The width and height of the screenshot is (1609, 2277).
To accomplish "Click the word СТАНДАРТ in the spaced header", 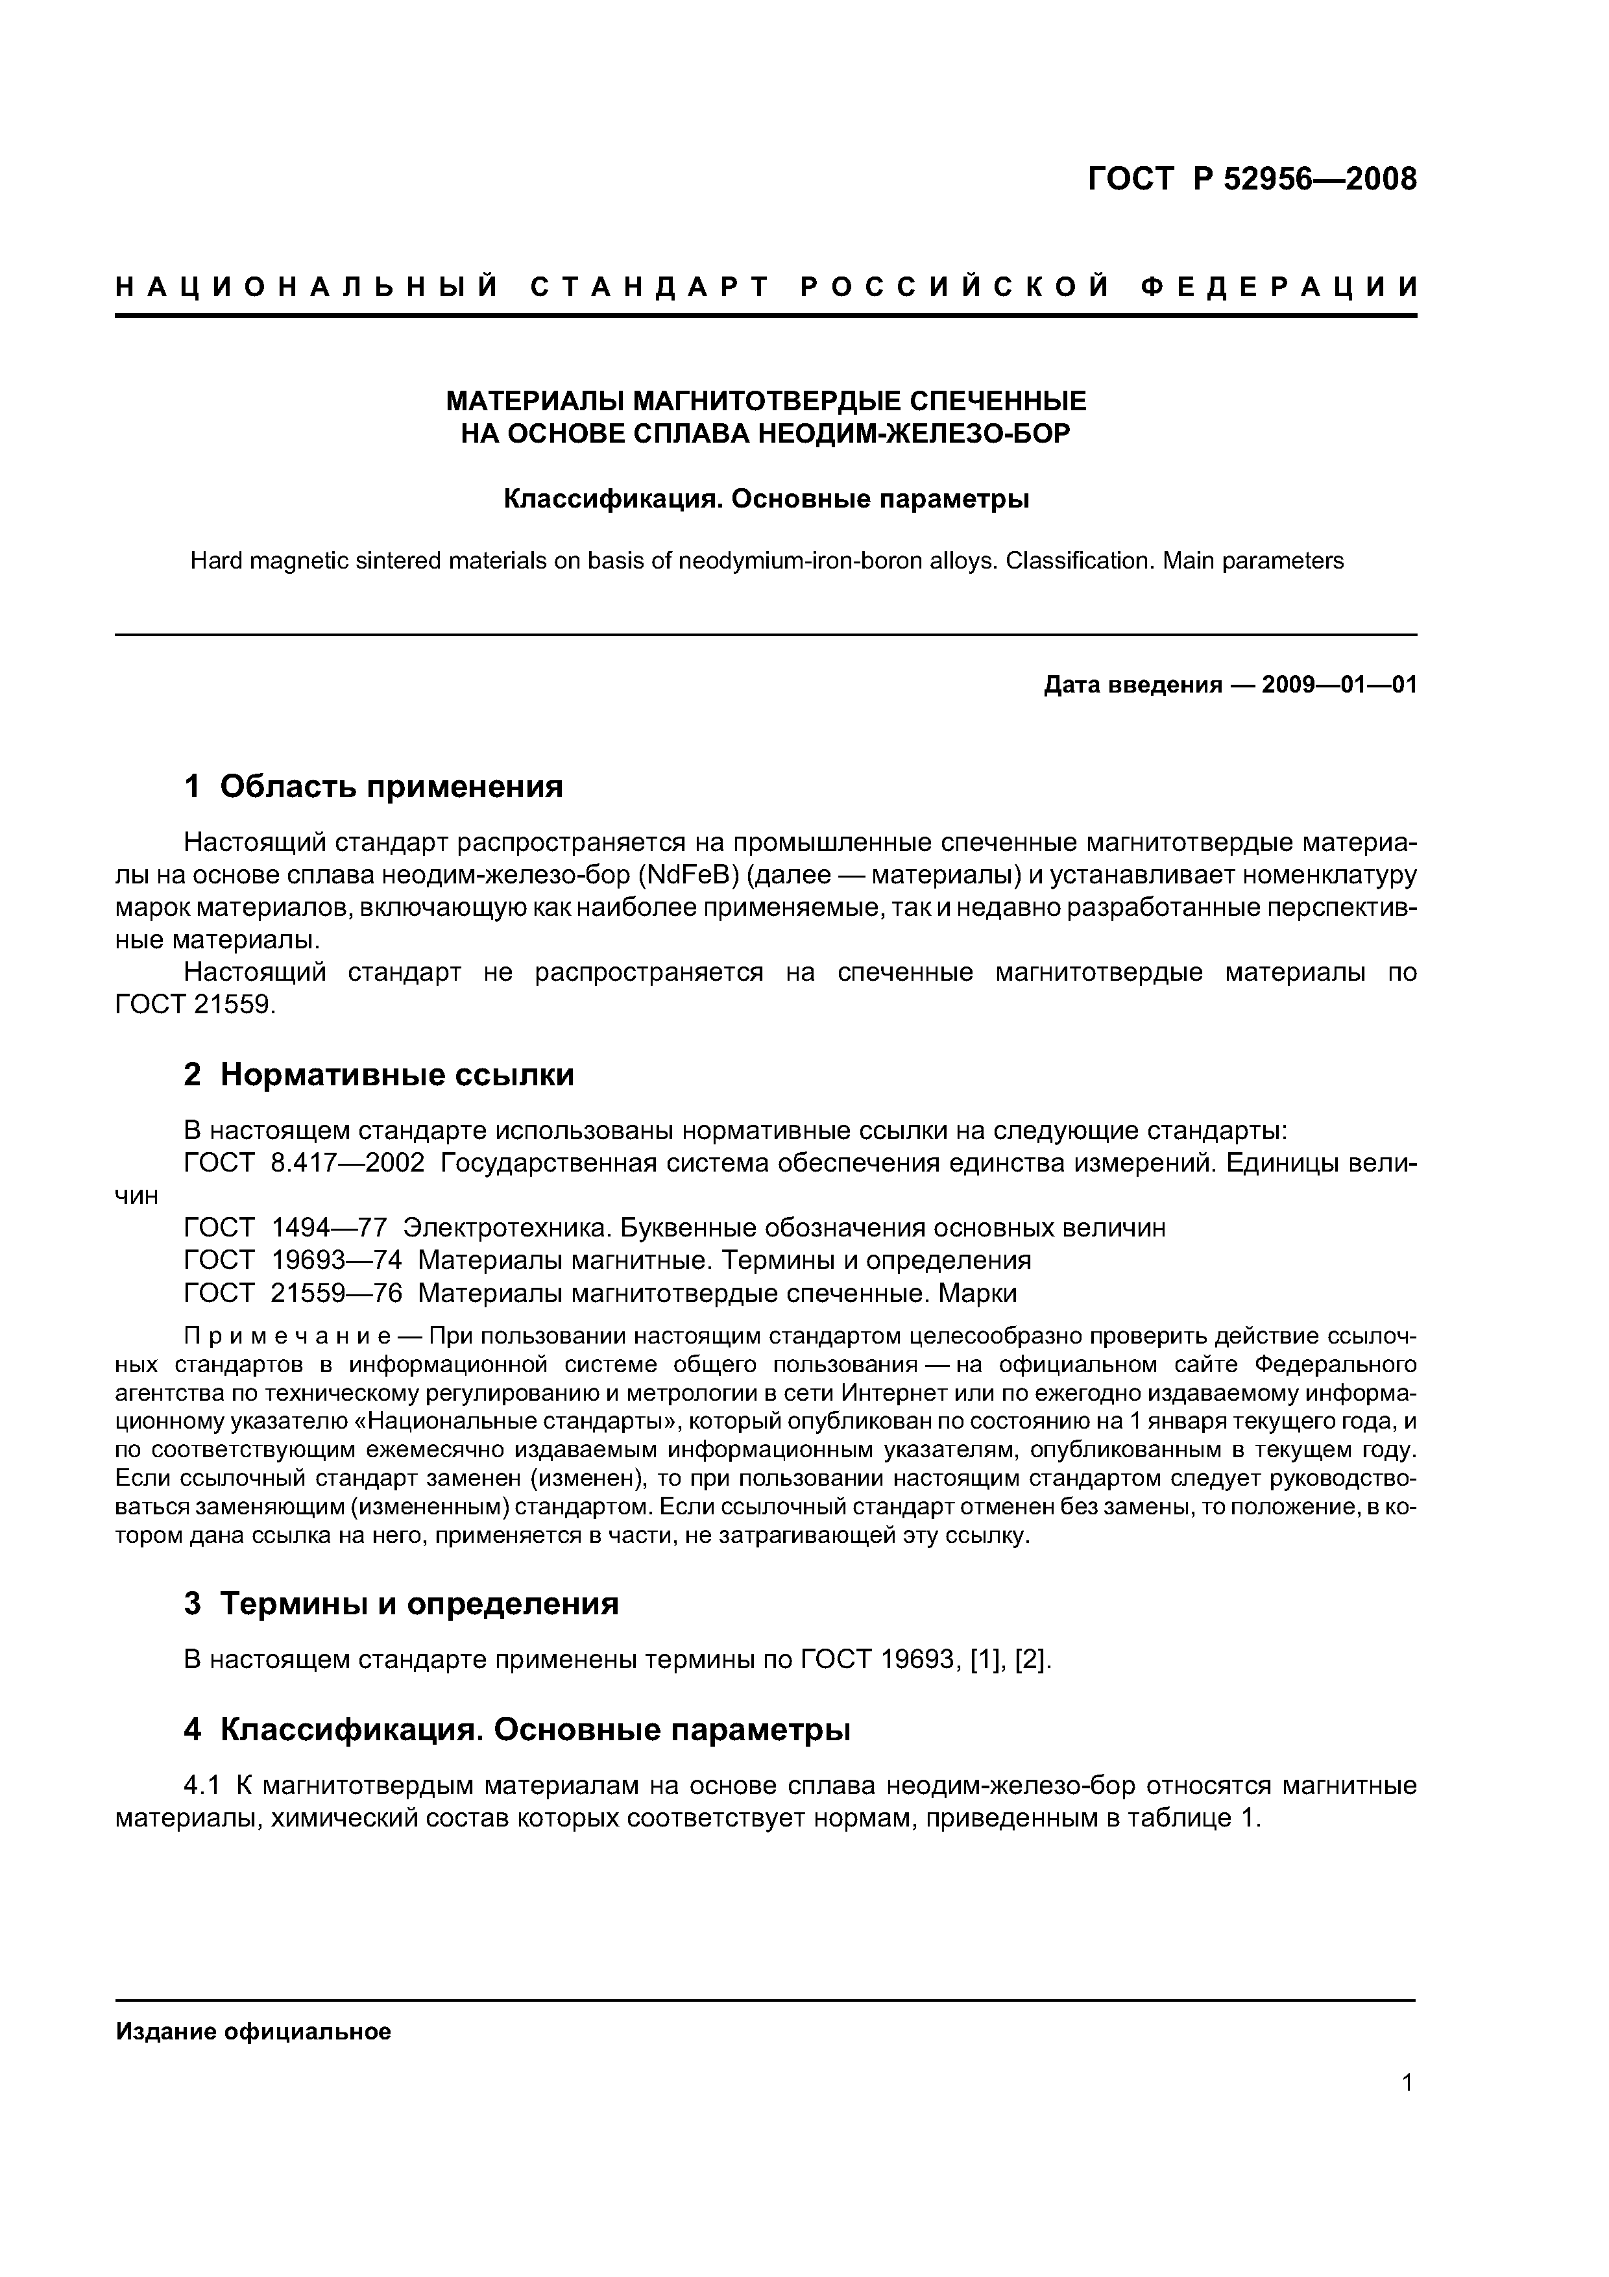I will [650, 288].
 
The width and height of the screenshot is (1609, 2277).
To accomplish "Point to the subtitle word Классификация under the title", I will [609, 499].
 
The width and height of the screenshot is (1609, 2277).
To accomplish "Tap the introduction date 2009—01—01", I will [1339, 685].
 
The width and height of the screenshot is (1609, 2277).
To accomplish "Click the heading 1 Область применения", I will [374, 787].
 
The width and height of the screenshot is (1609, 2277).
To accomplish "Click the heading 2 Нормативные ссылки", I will [379, 1074].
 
